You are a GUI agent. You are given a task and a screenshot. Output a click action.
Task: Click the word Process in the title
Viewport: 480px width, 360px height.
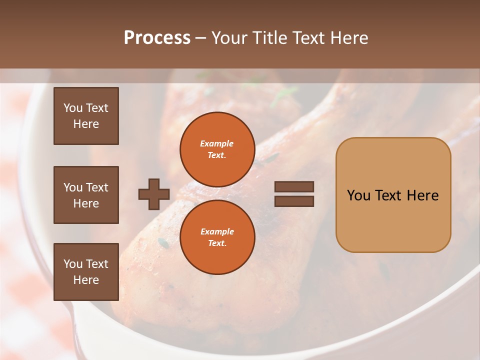[x=157, y=38]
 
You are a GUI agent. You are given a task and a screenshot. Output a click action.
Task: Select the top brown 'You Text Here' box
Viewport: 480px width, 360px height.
[x=86, y=116]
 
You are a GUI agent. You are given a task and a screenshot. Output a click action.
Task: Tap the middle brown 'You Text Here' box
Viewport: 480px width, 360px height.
[x=86, y=195]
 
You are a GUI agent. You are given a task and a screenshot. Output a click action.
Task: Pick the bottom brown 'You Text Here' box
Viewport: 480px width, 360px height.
[x=86, y=272]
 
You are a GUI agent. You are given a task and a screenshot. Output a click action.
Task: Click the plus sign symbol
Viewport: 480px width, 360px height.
[x=154, y=194]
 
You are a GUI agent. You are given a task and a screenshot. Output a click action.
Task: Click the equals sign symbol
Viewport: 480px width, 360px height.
[x=294, y=194]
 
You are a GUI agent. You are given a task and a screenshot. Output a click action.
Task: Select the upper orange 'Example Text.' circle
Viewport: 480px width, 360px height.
[x=217, y=149]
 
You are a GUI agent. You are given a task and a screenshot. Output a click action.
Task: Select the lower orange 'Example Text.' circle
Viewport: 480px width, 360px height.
[x=217, y=237]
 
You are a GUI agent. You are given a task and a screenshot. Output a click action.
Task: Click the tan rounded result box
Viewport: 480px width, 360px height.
[x=393, y=220]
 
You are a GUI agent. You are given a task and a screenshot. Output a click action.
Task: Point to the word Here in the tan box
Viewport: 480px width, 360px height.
[x=422, y=195]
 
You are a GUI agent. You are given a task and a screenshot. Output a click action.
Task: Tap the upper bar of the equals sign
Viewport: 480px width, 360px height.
[x=294, y=187]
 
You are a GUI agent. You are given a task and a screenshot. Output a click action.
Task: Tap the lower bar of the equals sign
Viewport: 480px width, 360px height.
[x=294, y=201]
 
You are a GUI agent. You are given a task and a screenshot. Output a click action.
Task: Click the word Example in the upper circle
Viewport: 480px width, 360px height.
[x=216, y=143]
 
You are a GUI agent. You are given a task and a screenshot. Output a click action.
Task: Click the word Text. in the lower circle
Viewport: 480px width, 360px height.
[x=217, y=243]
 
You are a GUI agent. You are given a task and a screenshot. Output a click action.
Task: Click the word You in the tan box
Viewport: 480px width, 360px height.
[x=358, y=195]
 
